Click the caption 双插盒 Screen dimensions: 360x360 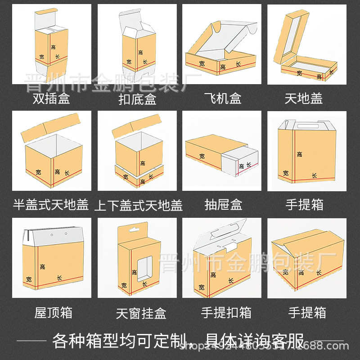click(51, 99)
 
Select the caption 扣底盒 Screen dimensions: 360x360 click(137, 99)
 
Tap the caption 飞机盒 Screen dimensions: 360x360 click(222, 99)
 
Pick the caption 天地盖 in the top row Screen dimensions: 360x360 click(304, 99)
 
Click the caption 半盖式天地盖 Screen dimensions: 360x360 click(51, 205)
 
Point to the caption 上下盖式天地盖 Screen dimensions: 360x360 click(138, 206)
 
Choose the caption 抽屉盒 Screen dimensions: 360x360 click(223, 205)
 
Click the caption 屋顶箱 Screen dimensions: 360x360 click(53, 312)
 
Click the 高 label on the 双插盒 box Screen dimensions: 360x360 click(53, 47)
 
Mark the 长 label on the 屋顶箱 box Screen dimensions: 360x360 click(59, 278)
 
